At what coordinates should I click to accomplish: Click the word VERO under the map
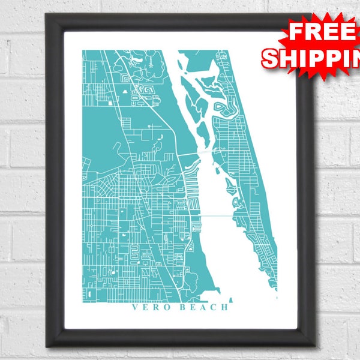[x=148, y=308]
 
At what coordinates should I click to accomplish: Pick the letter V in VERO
[x=134, y=308]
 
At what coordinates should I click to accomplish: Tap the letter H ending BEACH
[x=224, y=308]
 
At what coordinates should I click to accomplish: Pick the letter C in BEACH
[x=212, y=308]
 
